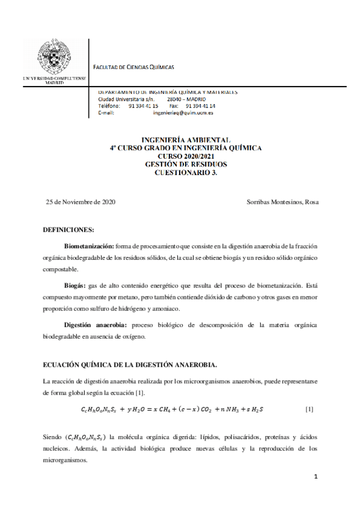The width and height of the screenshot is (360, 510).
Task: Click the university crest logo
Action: point(53,59)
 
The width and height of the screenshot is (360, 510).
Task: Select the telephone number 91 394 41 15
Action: point(143,106)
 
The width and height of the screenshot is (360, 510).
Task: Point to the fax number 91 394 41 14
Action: point(201,106)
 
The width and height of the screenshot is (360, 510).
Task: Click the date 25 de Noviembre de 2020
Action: point(81,202)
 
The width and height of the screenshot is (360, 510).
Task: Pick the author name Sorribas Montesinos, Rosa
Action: point(282,202)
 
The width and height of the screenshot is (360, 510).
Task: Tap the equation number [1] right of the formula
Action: point(309,410)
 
